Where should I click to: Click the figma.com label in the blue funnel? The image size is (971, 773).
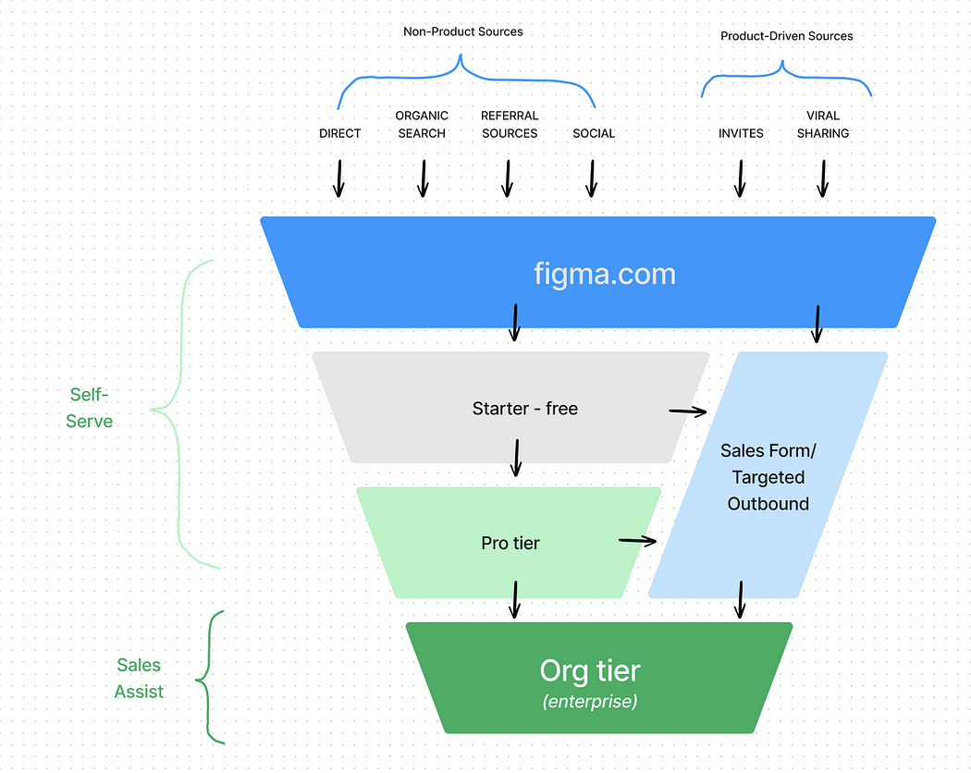604,274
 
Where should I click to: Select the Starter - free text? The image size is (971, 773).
524,409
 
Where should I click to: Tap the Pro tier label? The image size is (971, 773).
510,543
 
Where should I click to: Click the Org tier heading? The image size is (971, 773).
589,671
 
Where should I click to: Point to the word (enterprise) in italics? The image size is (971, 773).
589,702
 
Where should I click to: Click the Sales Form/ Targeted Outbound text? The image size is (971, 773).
768,477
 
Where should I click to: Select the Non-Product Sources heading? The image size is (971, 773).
462,31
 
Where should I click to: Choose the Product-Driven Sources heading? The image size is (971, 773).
786,36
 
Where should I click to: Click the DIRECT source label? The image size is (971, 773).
339,133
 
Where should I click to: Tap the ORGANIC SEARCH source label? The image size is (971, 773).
422,125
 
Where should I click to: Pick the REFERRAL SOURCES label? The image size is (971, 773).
509,125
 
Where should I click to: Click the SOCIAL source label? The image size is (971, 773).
593,133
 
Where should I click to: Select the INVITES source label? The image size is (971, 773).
741,133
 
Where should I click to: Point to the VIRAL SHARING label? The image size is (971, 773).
822,125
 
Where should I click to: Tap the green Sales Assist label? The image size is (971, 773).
139,678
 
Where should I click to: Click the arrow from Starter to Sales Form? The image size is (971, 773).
688,411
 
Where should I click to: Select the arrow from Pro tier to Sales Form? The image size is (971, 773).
637,540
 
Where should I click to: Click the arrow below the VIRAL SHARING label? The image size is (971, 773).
822,178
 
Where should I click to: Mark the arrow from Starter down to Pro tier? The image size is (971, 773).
516,458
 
